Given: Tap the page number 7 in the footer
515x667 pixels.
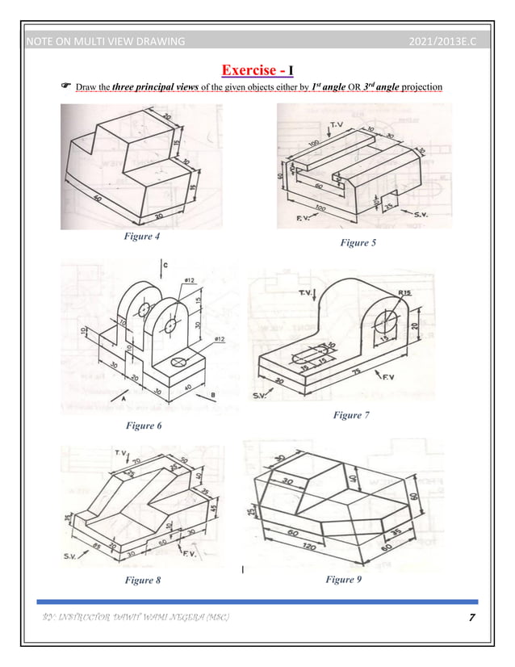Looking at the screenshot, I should pyautogui.click(x=471, y=618).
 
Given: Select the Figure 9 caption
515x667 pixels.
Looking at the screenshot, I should pyautogui.click(x=346, y=579).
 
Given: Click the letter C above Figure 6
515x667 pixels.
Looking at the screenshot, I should pyautogui.click(x=165, y=264).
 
